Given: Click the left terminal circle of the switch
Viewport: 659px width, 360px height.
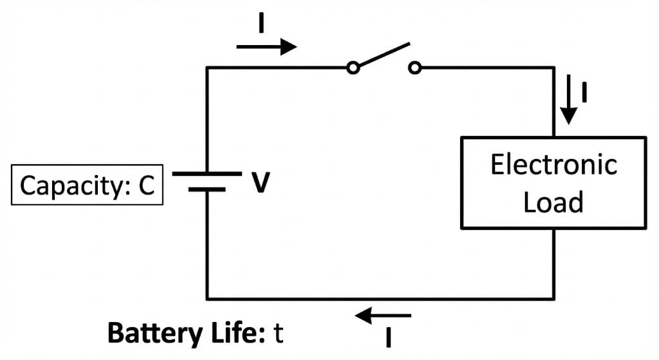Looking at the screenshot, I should [353, 68].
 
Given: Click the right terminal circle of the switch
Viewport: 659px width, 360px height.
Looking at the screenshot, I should [415, 68].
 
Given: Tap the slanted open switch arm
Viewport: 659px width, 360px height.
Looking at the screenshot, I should [384, 55].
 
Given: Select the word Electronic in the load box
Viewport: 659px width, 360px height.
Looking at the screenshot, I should [553, 165].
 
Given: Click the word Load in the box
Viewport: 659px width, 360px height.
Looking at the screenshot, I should [553, 202].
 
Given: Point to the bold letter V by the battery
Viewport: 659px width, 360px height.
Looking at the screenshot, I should [260, 184].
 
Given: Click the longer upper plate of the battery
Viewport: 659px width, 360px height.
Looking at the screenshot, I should [207, 174].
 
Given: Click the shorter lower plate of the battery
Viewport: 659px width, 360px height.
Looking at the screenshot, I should [207, 190].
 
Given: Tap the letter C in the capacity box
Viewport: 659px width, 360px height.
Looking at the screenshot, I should [146, 185].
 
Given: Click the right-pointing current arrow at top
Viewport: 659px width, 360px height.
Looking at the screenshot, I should [266, 47].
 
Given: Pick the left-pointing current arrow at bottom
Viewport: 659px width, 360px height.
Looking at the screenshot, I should [384, 316].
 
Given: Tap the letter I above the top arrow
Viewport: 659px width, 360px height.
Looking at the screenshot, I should [261, 23].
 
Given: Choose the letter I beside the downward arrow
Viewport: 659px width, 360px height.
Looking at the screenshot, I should [584, 93].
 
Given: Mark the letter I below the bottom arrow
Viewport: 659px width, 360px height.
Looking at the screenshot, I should [388, 337].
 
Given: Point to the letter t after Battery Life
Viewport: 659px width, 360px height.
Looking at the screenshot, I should [278, 334].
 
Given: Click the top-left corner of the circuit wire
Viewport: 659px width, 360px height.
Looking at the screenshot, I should [207, 68].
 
